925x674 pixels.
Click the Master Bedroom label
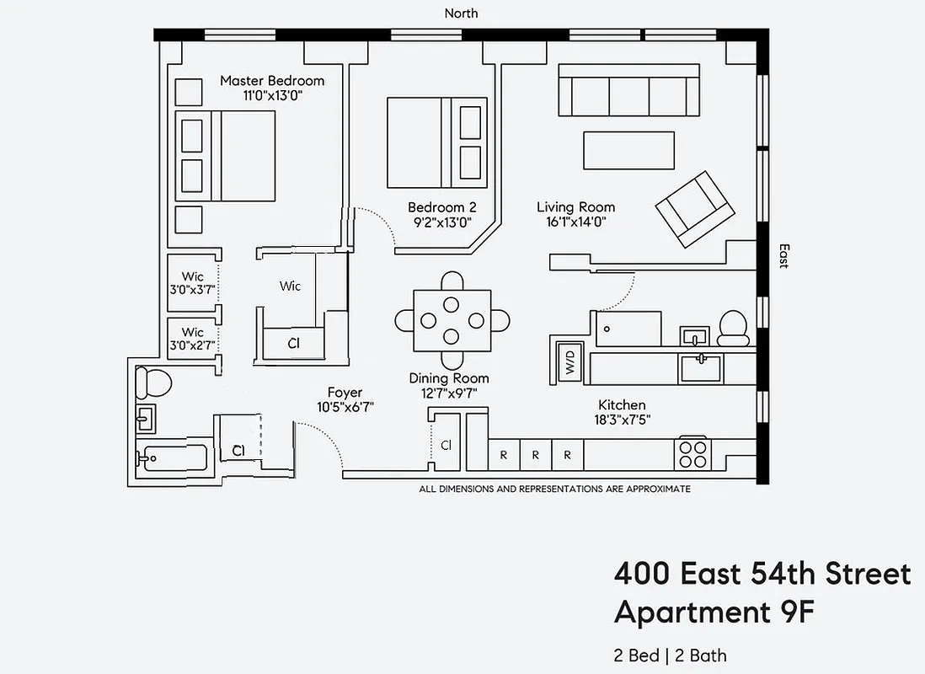tap(271, 81)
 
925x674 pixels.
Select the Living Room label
tap(575, 207)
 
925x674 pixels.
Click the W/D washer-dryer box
tap(570, 362)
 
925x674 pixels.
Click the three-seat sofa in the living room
tap(629, 92)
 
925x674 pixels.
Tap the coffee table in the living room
tap(629, 151)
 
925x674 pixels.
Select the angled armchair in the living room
tap(694, 209)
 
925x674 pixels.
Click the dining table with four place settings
tap(452, 321)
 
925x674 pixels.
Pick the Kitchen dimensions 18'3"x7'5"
tap(622, 420)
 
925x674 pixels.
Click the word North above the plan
tap(461, 13)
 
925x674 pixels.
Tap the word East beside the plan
tap(783, 256)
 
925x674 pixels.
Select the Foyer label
tap(345, 393)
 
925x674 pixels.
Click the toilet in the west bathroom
tap(154, 383)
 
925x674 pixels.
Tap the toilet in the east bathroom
tap(734, 326)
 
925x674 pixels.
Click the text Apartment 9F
tap(714, 612)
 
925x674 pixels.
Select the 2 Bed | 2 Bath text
tap(670, 655)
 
